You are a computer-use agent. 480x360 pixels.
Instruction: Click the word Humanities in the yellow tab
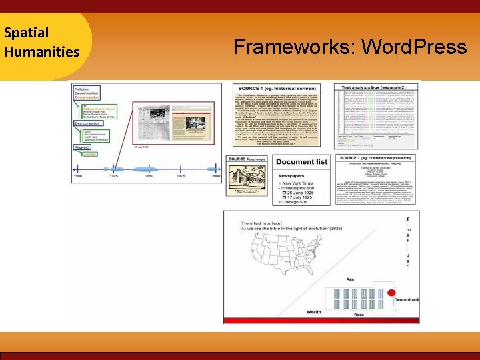[41, 51]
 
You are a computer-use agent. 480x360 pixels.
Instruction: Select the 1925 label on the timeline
[115, 176]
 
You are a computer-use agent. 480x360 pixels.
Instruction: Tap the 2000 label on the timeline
[215, 176]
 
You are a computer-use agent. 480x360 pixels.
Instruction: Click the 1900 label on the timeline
[77, 176]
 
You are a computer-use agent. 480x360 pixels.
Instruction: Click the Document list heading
[302, 162]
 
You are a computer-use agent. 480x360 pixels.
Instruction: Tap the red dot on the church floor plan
[391, 293]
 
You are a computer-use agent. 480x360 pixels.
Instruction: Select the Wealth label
[315, 311]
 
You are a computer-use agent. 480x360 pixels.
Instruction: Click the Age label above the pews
[351, 279]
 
